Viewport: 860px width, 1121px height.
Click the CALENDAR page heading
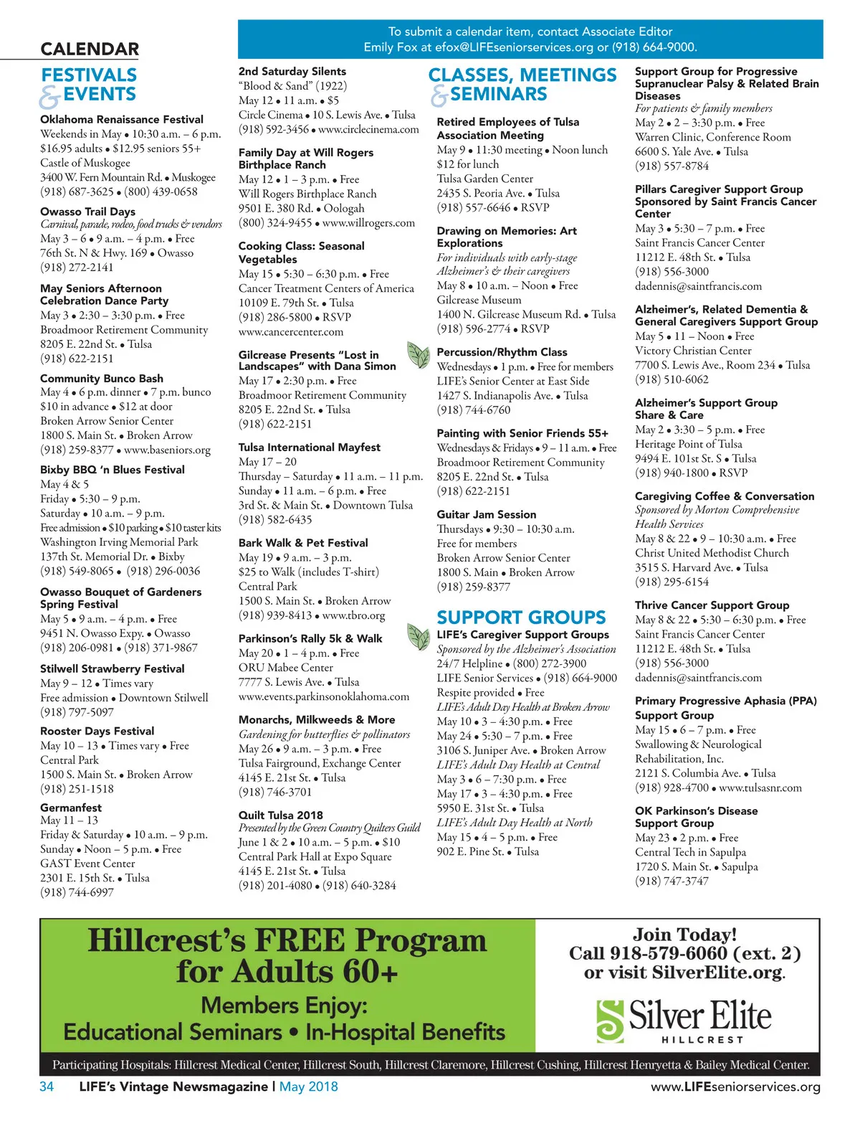pos(90,49)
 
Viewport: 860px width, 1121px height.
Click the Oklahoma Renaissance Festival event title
pos(122,120)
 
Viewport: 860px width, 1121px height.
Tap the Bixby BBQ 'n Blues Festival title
pos(113,470)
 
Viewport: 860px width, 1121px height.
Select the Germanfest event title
pos(71,808)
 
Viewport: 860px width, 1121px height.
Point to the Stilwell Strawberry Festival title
pos(113,668)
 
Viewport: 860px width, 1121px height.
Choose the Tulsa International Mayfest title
pos(310,448)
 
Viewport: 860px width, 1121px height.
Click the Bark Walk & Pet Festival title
pos(303,543)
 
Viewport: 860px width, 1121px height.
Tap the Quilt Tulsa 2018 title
pos(281,815)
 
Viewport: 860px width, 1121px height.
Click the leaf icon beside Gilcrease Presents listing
pos(418,354)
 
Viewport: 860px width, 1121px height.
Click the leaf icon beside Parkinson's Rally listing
pos(418,636)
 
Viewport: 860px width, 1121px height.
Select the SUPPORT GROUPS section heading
pos(521,618)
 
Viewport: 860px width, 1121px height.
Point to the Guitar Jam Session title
pos(487,514)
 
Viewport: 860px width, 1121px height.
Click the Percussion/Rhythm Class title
pos(502,352)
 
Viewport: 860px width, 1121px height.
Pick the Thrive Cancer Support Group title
pos(712,605)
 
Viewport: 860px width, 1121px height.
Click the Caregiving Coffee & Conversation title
pos(725,496)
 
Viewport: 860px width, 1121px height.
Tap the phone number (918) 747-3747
pos(672,881)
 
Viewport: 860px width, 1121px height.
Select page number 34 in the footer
pos(47,1087)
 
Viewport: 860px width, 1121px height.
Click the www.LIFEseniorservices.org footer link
pos(735,1087)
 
